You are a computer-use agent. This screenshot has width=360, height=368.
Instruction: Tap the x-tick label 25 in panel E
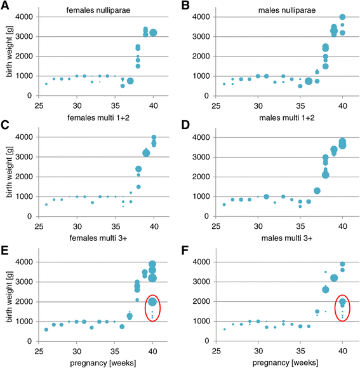tap(39, 350)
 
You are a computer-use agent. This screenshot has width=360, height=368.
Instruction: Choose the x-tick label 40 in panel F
tap(343, 350)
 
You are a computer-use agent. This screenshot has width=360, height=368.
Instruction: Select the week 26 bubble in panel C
tap(46, 204)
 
